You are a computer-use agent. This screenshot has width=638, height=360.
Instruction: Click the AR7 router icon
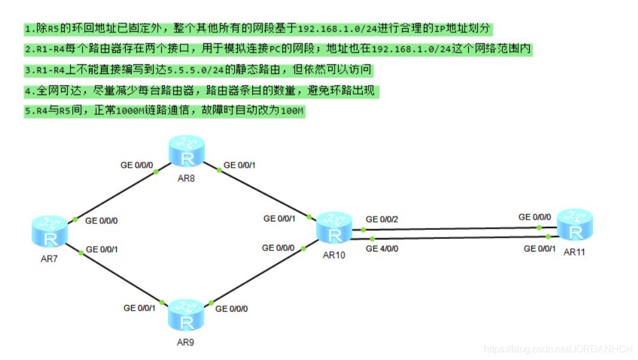pyautogui.click(x=49, y=231)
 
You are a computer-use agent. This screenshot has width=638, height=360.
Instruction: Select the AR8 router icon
pyautogui.click(x=187, y=151)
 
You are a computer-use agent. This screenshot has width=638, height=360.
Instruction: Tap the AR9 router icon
pyautogui.click(x=186, y=315)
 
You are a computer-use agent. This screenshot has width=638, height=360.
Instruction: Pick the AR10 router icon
pyautogui.click(x=334, y=228)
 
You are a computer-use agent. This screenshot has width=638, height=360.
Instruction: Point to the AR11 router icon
pyautogui.click(x=575, y=225)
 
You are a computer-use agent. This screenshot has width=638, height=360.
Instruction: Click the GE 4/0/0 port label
pyautogui.click(x=382, y=249)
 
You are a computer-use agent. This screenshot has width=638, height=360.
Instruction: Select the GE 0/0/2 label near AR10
pyautogui.click(x=382, y=219)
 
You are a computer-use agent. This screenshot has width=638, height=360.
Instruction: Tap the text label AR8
pyautogui.click(x=186, y=178)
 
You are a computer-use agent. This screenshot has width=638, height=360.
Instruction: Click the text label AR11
pyautogui.click(x=574, y=252)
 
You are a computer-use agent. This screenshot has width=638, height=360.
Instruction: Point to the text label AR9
pyautogui.click(x=185, y=343)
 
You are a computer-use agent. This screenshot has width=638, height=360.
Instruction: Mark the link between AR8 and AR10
pyautogui.click(x=259, y=191)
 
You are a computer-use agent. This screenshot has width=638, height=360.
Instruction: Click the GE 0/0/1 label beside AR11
pyautogui.click(x=539, y=249)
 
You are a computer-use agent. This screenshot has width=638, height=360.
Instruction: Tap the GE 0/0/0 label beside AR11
pyautogui.click(x=534, y=217)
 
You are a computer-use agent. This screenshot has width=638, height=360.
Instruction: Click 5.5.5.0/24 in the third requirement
pyautogui.click(x=195, y=70)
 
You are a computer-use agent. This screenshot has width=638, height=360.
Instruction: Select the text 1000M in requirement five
pyautogui.click(x=130, y=111)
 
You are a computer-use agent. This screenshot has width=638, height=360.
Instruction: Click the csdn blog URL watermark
pyautogui.click(x=559, y=349)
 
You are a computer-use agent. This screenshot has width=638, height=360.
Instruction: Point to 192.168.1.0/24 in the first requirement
pyautogui.click(x=338, y=29)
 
